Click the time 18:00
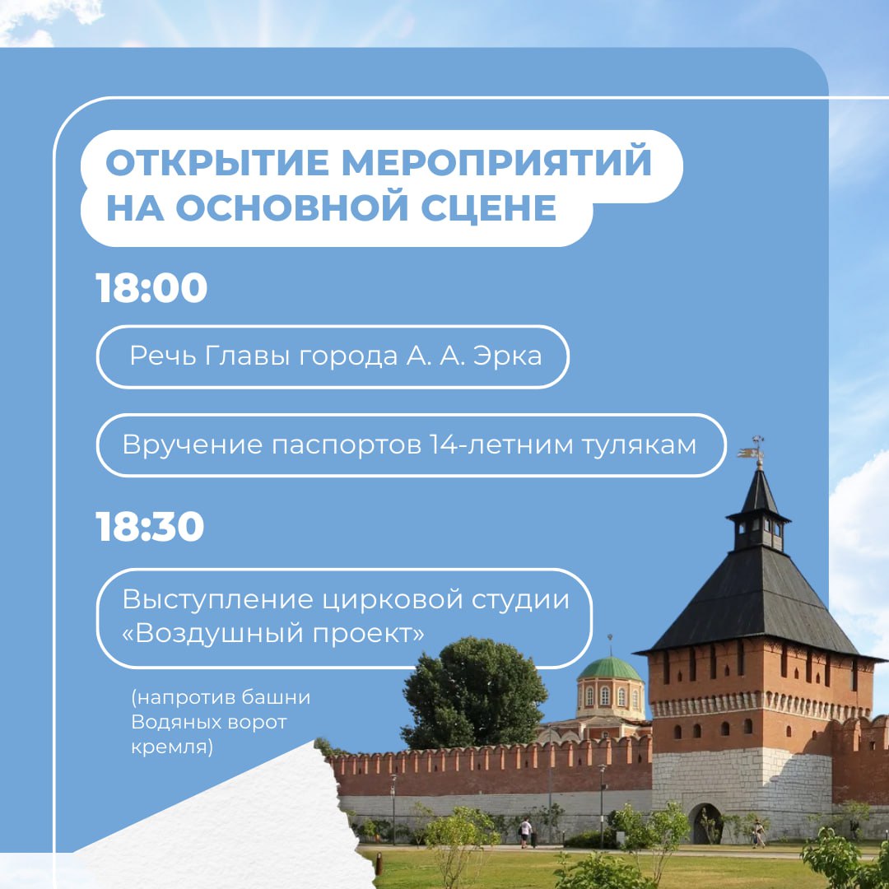point(151,287)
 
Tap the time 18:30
point(150,527)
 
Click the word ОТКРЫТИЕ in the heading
point(217,163)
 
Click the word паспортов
point(346,445)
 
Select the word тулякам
point(639,445)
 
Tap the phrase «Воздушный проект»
point(273,633)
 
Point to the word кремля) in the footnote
point(172,747)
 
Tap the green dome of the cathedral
point(609,669)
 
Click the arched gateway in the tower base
point(706,823)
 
